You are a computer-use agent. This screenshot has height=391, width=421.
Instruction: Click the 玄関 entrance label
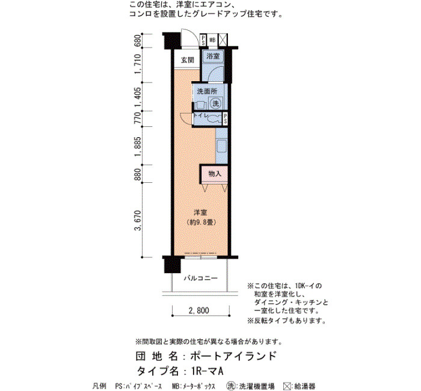(x=187, y=60)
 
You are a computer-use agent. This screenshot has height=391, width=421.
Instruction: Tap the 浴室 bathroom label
(x=213, y=56)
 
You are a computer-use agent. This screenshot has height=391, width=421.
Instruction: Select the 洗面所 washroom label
(x=207, y=91)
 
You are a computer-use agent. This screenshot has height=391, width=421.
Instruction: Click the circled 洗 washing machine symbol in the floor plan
(x=215, y=103)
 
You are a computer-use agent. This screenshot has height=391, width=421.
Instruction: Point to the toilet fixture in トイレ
(x=214, y=119)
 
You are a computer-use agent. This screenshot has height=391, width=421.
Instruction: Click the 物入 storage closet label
(x=215, y=174)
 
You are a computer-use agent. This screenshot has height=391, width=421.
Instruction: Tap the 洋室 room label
(x=200, y=213)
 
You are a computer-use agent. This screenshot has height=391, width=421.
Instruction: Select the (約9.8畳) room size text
(x=201, y=223)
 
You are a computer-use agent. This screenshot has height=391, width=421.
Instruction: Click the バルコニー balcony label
(x=200, y=278)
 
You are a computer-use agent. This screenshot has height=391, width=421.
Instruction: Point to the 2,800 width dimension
(x=199, y=310)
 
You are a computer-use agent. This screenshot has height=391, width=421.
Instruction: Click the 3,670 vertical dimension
(x=138, y=220)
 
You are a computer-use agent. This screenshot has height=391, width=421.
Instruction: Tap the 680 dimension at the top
(x=138, y=40)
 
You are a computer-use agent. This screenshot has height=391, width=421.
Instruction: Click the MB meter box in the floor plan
(x=212, y=40)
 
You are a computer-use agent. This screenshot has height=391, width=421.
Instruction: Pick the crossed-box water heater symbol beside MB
(x=223, y=40)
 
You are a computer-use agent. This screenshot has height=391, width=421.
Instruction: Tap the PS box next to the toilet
(x=225, y=119)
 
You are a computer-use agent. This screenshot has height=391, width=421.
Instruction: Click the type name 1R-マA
(x=207, y=371)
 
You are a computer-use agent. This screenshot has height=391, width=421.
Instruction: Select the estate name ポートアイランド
(x=233, y=356)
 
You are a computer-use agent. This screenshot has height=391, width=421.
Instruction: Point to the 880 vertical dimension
(x=138, y=174)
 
